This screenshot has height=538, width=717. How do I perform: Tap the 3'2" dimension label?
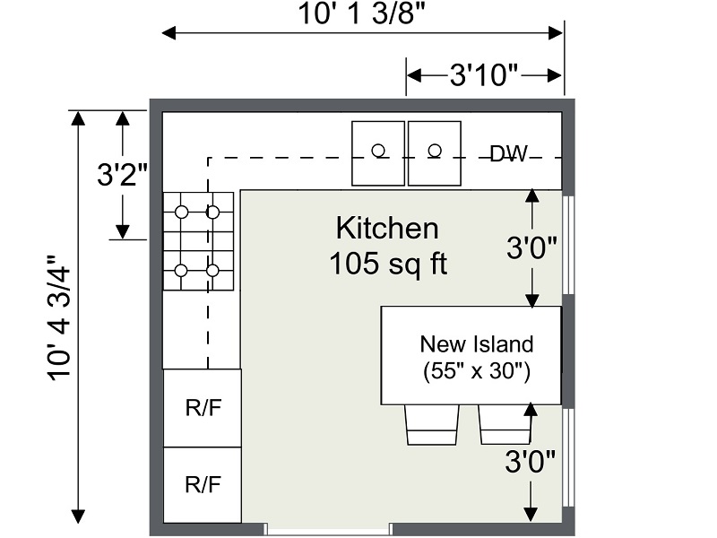pyautogui.click(x=122, y=174)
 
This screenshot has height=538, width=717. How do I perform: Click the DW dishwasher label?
pyautogui.click(x=509, y=153)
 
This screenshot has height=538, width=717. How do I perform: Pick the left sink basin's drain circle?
pyautogui.click(x=379, y=150)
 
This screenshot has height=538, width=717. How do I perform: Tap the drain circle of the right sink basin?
pyautogui.click(x=435, y=150)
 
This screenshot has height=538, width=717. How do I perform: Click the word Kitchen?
pyautogui.click(x=387, y=228)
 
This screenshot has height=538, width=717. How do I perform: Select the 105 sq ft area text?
pyautogui.click(x=387, y=264)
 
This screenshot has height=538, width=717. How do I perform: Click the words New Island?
pyautogui.click(x=477, y=343)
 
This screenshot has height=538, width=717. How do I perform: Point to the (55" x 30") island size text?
pyautogui.click(x=477, y=371)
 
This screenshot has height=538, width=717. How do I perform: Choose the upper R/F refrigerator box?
pyautogui.click(x=202, y=408)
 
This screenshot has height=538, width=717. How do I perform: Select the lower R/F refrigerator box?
pyautogui.click(x=202, y=485)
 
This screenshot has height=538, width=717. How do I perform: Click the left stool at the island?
pyautogui.click(x=433, y=424)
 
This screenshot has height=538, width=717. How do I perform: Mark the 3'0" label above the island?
pyautogui.click(x=533, y=247)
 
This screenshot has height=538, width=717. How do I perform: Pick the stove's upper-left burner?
pyautogui.click(x=181, y=213)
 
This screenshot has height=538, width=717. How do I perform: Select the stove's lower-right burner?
pyautogui.click(x=212, y=270)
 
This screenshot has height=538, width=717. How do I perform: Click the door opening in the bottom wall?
pyautogui.click(x=329, y=529)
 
